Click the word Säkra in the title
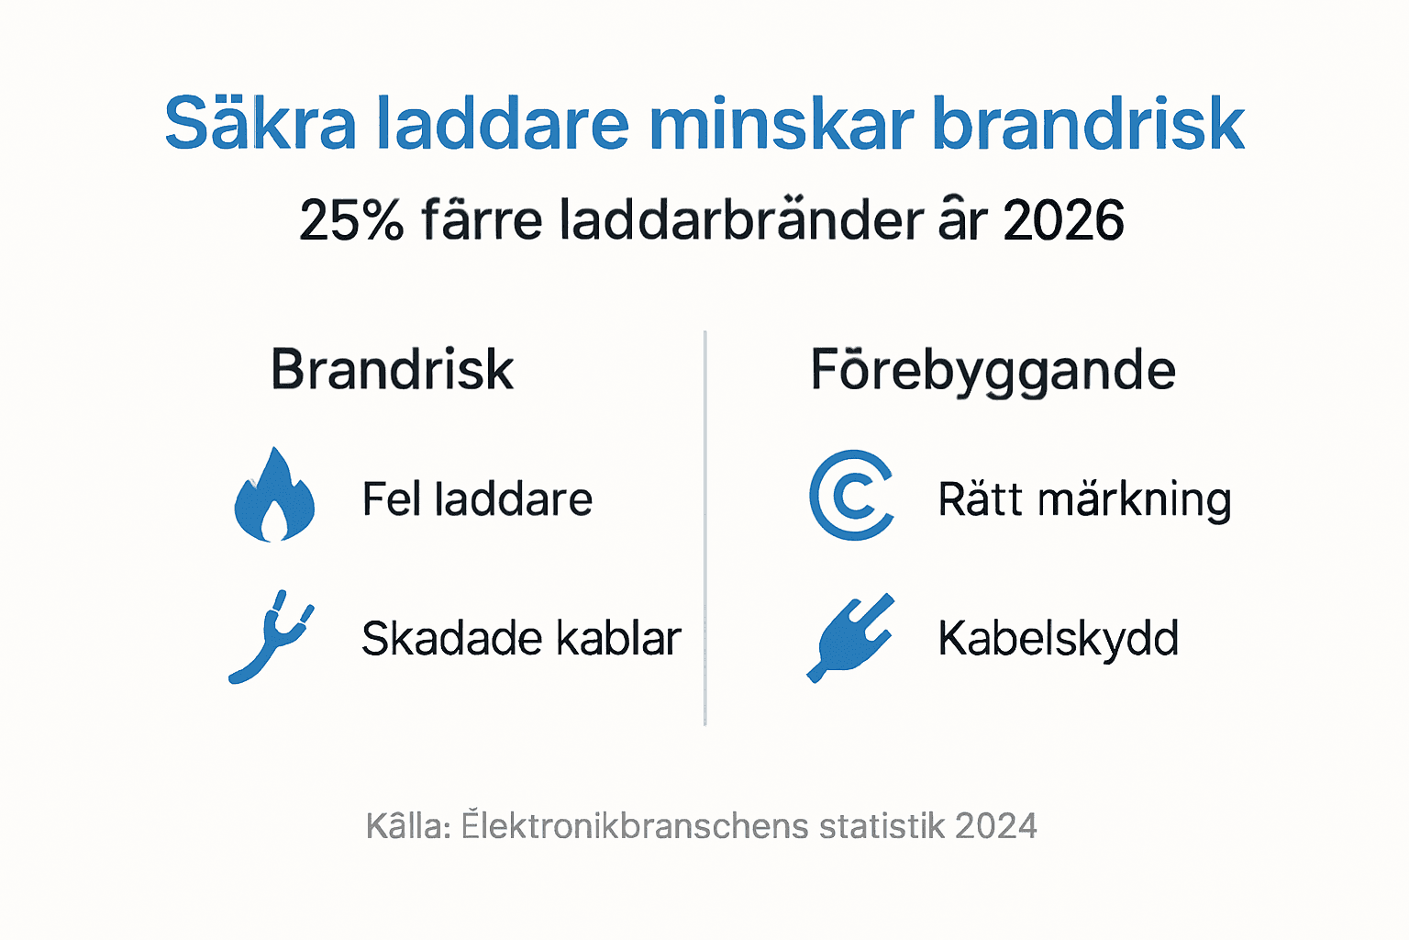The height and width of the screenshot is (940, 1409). pos(260,123)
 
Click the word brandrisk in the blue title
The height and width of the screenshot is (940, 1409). pos(1088,123)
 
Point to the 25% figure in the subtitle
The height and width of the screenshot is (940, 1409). pos(351,221)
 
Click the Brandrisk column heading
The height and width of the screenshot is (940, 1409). pos(392,370)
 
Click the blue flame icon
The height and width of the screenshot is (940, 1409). pos(274,496)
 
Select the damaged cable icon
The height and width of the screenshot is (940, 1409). pos(271,637)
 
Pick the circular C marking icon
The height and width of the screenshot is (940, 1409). pos(851,496)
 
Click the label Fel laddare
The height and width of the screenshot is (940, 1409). pos(477,500)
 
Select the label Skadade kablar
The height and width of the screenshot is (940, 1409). pos(521,639)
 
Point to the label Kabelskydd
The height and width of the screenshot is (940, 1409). pos(1058,639)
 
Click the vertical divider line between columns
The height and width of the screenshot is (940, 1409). pos(704,528)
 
